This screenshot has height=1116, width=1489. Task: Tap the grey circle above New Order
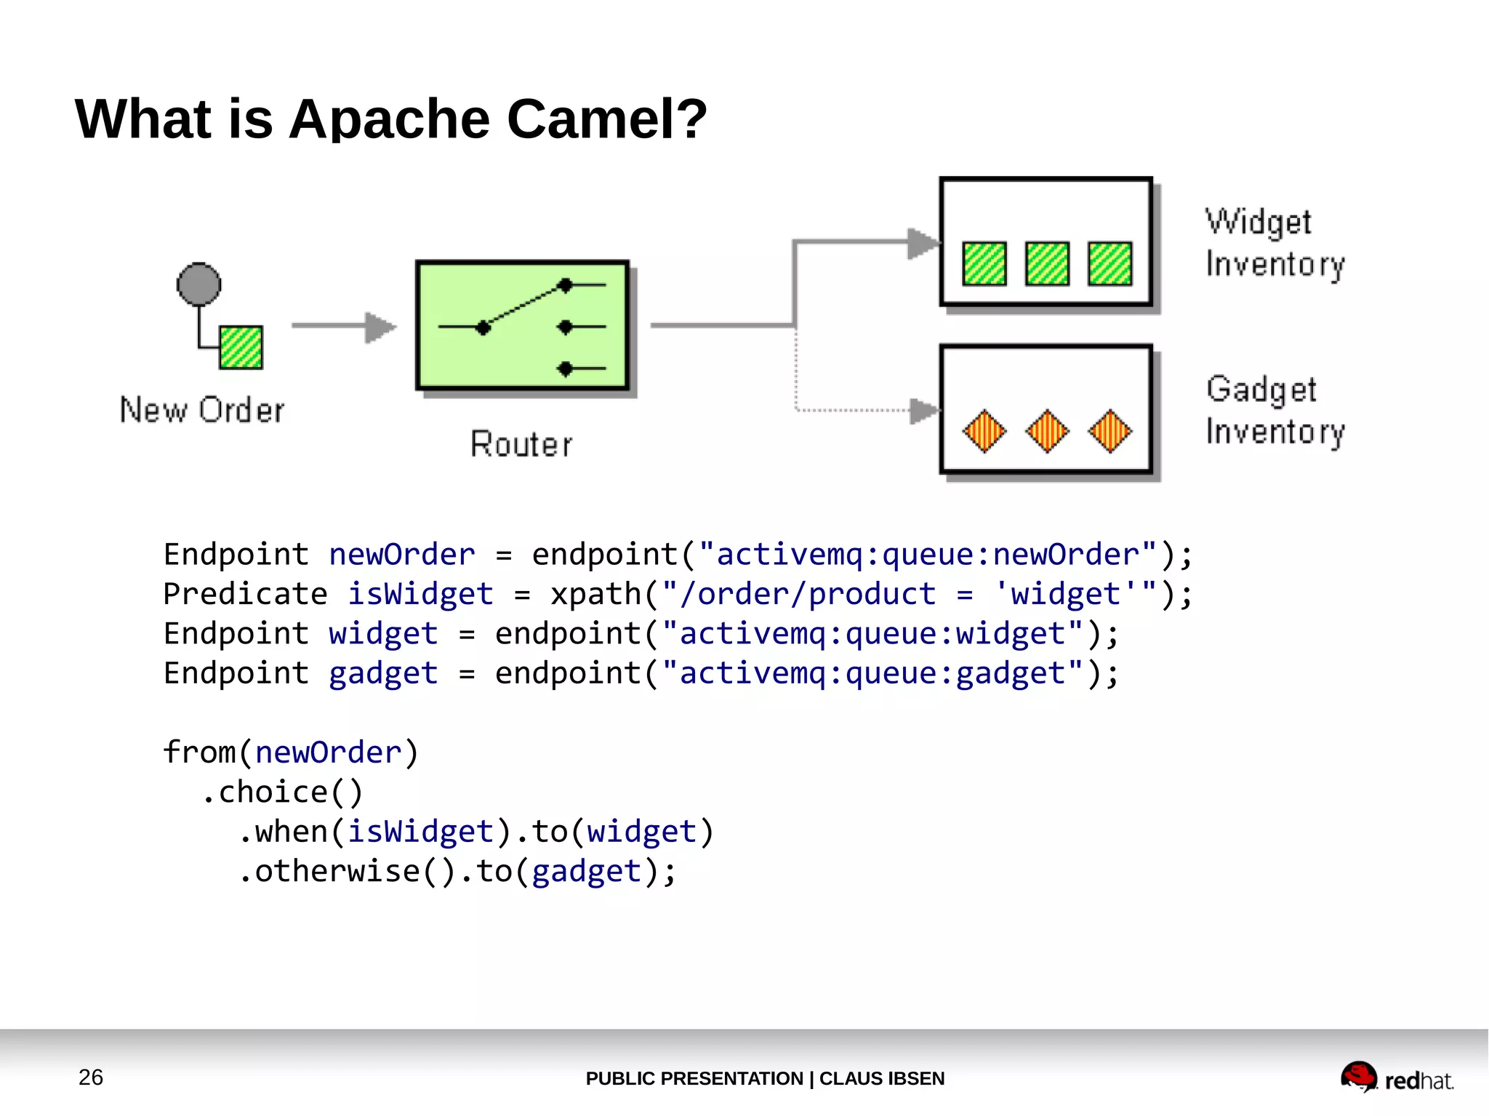coord(198,284)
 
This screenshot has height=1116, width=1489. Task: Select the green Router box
coord(522,326)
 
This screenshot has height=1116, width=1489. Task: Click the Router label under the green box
coord(521,444)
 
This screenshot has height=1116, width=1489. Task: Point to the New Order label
coord(202,410)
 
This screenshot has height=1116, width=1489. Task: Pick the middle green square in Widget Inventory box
coord(1047,264)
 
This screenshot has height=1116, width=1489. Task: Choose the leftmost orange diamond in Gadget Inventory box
coord(984,431)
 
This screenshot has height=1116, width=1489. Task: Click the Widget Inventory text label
coord(1275,243)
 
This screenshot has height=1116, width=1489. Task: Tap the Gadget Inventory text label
coord(1275,410)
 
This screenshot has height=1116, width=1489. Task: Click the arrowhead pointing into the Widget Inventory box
coord(923,244)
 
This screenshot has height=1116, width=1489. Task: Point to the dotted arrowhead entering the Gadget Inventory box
coord(924,411)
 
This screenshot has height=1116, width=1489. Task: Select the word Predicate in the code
coord(245,594)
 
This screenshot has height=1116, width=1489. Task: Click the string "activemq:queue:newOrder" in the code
coord(927,555)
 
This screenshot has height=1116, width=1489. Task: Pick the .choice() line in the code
coord(282,792)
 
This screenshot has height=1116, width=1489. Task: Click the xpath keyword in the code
coord(595,594)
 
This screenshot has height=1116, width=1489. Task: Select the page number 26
coord(91,1077)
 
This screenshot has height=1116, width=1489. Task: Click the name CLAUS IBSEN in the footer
coord(882,1078)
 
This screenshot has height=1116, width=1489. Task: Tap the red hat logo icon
coord(1358,1076)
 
